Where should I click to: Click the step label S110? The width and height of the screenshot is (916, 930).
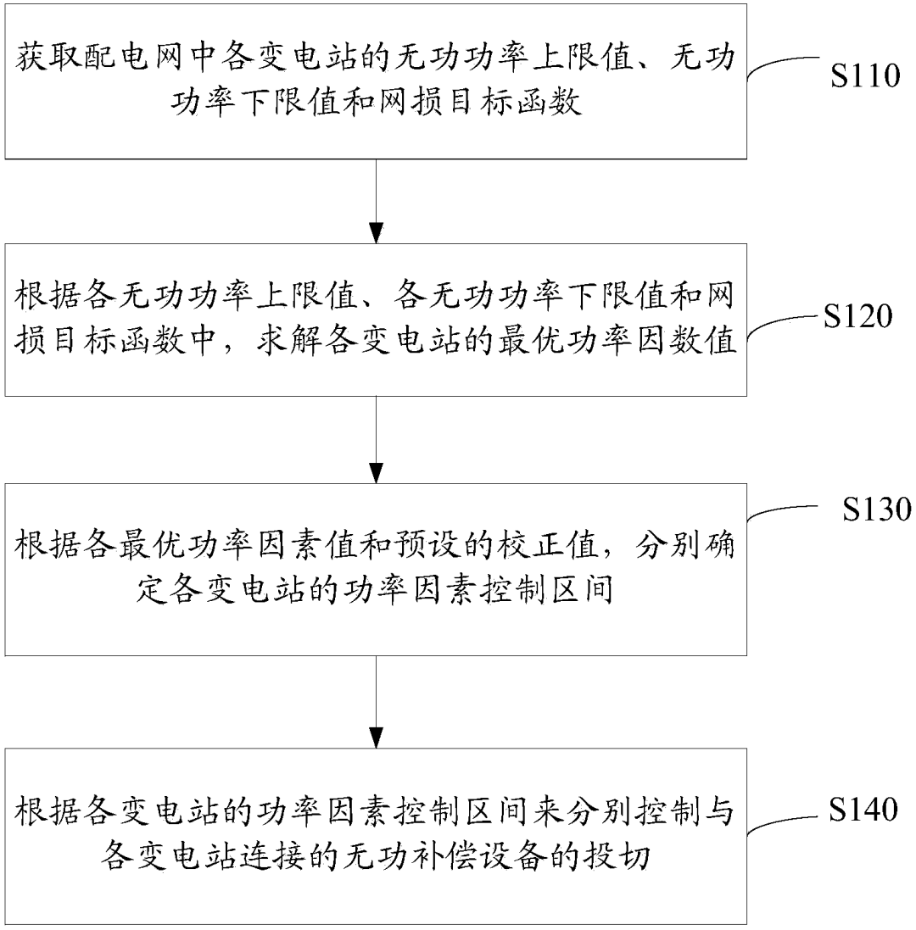[x=864, y=77]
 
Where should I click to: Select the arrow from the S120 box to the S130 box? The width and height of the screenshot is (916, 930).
[x=376, y=440]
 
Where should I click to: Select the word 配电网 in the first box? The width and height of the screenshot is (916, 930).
[x=135, y=62]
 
